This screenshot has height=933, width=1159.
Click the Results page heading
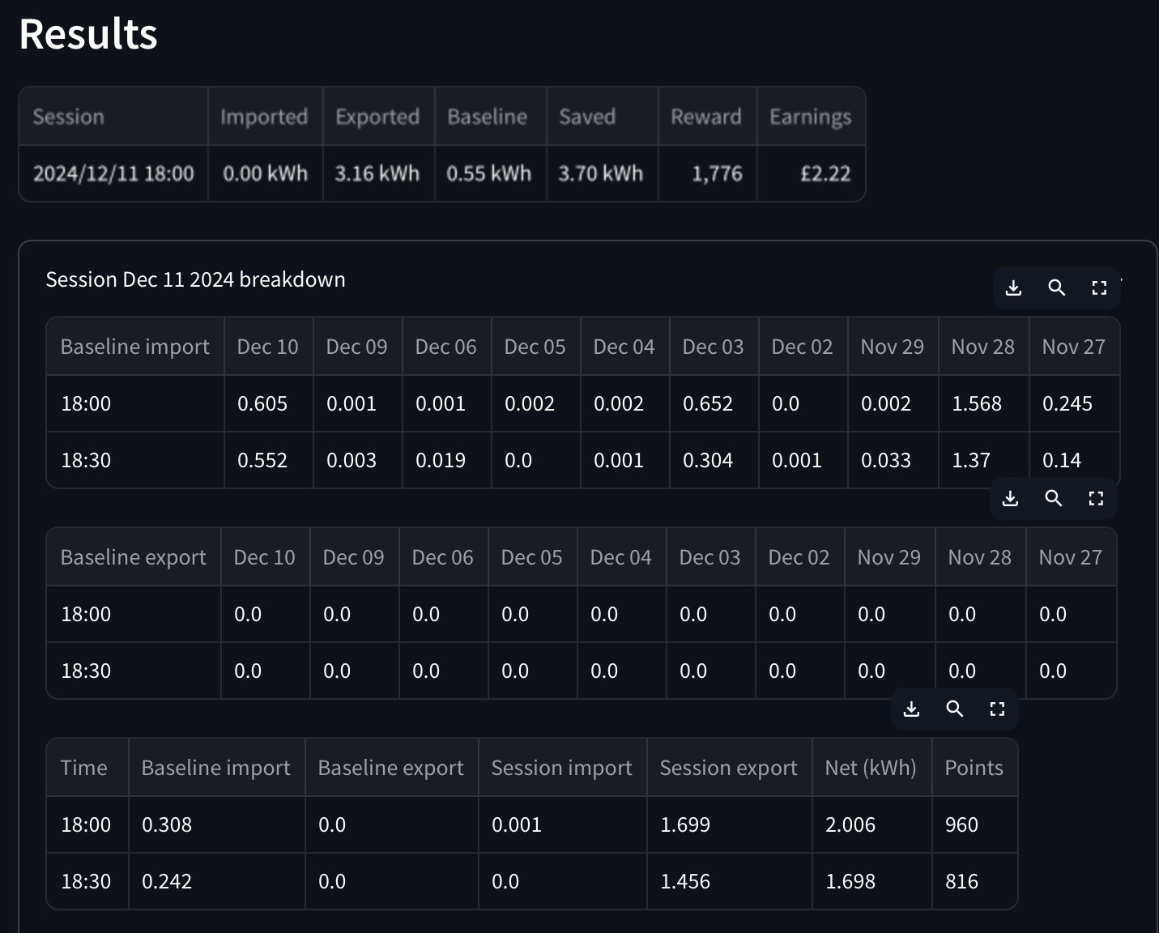coord(88,34)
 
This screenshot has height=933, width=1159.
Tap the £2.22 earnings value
coord(825,173)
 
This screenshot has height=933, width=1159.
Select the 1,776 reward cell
coord(717,173)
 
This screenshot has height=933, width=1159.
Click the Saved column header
coord(587,117)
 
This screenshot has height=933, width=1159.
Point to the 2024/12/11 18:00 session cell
coord(113,173)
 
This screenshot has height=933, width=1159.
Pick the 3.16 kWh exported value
coord(377,173)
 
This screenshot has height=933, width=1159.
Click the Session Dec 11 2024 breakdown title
coord(195,279)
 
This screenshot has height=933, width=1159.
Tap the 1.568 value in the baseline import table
coord(977,403)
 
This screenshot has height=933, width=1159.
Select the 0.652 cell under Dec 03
coord(708,403)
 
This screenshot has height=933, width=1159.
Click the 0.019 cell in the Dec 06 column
coord(440,460)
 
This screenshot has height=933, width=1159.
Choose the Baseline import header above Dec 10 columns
coord(134,347)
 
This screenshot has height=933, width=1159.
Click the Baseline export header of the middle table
coord(133,557)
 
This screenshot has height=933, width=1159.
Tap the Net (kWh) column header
coord(871,768)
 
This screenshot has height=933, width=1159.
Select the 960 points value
coord(961,824)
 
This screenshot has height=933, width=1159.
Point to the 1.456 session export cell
coord(685,881)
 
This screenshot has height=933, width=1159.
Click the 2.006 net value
coord(850,824)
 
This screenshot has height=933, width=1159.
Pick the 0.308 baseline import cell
coord(166,824)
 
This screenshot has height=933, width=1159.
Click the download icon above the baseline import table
coord(1013,288)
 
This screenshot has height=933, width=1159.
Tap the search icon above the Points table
coord(954,709)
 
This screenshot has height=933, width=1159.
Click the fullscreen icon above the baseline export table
coord(1096,498)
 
